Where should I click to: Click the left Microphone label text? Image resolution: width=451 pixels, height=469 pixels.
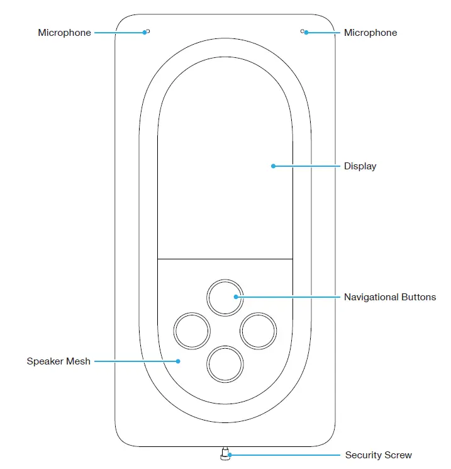pyautogui.click(x=64, y=33)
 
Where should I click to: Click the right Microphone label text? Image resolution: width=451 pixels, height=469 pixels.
pyautogui.click(x=370, y=33)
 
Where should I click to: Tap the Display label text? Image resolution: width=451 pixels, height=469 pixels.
pyautogui.click(x=360, y=166)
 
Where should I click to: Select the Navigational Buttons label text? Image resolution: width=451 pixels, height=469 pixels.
pyautogui.click(x=389, y=297)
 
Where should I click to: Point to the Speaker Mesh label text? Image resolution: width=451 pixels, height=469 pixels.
pyautogui.click(x=58, y=361)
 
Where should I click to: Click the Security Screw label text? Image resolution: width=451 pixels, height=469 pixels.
pyautogui.click(x=378, y=455)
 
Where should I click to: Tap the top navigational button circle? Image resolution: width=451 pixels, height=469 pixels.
pyautogui.click(x=225, y=297)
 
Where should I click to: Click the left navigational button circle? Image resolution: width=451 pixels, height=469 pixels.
pyautogui.click(x=191, y=331)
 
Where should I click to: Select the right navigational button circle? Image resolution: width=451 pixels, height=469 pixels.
pyautogui.click(x=259, y=331)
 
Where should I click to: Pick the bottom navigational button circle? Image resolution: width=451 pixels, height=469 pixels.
pyautogui.click(x=225, y=364)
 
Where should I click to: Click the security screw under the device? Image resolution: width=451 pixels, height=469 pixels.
pyautogui.click(x=225, y=453)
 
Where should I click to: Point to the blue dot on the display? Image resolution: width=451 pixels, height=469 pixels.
pyautogui.click(x=273, y=166)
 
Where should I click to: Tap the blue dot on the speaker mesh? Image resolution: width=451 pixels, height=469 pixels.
pyautogui.click(x=178, y=361)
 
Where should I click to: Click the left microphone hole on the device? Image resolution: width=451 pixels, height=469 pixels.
pyautogui.click(x=147, y=31)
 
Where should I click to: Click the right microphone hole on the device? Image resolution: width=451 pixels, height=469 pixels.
pyautogui.click(x=303, y=31)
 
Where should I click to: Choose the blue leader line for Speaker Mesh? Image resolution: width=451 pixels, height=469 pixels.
pyautogui.click(x=135, y=361)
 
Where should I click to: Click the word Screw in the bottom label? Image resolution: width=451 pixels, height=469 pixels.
pyautogui.click(x=399, y=455)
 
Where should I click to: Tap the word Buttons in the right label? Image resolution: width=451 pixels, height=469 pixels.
pyautogui.click(x=418, y=297)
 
